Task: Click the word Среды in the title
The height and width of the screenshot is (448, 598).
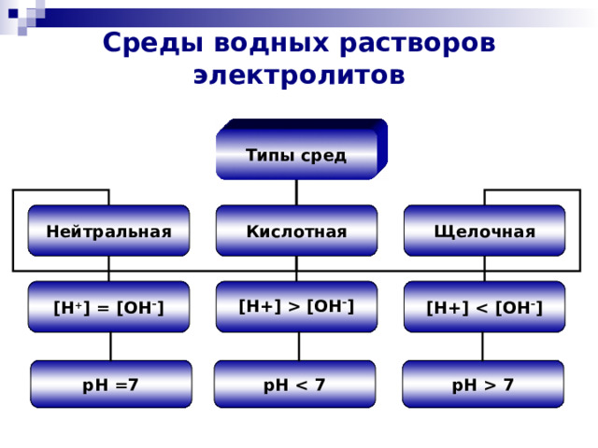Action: [152, 43]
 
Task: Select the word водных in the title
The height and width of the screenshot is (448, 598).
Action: [271, 43]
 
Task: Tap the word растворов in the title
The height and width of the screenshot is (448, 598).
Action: [418, 44]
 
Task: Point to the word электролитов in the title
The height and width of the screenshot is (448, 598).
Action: [299, 76]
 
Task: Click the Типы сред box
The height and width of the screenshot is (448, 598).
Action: [302, 149]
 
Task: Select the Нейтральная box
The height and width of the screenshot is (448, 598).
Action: [108, 231]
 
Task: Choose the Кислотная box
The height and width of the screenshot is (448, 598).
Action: [296, 231]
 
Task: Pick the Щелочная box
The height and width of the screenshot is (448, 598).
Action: [484, 231]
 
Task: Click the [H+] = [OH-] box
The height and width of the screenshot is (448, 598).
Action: [108, 307]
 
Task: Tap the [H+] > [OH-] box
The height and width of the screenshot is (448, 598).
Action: [296, 307]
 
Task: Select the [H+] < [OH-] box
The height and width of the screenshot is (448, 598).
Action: [484, 307]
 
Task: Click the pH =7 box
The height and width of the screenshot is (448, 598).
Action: [111, 384]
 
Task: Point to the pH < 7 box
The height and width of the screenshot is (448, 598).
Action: [294, 384]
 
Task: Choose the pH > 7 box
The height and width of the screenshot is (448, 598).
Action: [483, 384]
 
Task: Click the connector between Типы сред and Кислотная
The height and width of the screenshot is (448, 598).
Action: [296, 192]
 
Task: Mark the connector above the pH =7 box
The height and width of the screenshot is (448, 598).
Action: [111, 346]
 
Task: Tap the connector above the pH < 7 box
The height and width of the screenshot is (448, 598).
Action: [299, 346]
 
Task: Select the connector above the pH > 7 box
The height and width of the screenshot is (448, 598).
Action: [482, 346]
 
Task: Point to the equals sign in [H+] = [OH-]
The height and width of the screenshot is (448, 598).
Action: [103, 309]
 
